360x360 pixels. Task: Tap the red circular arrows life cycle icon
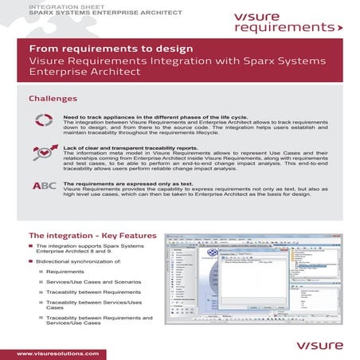point(45,120)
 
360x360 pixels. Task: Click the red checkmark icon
point(45,151)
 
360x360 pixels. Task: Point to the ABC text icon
point(45,186)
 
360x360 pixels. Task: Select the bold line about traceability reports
point(131,149)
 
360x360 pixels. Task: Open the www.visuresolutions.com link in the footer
point(57,352)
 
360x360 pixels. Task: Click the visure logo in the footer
point(320,345)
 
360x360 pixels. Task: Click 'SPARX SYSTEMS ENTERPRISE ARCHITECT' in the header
point(88,14)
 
